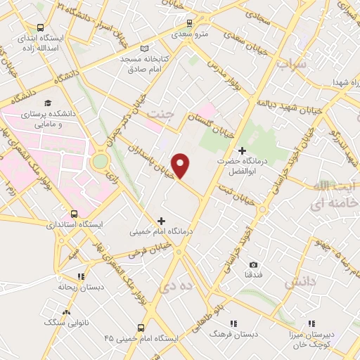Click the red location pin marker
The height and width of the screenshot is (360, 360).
coord(182,165)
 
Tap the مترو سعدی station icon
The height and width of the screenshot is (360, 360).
coord(181,32)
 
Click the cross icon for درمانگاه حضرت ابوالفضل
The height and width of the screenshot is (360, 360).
coord(243,150)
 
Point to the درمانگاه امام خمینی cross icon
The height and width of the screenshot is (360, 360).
coord(162,221)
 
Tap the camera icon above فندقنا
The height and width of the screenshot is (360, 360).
coord(252,265)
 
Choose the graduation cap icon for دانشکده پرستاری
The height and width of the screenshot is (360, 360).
coord(47,103)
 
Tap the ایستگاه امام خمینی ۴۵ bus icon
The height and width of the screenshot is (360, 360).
coord(140,328)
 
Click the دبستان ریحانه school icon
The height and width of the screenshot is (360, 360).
coord(81,277)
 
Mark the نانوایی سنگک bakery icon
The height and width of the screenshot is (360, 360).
coord(66,311)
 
